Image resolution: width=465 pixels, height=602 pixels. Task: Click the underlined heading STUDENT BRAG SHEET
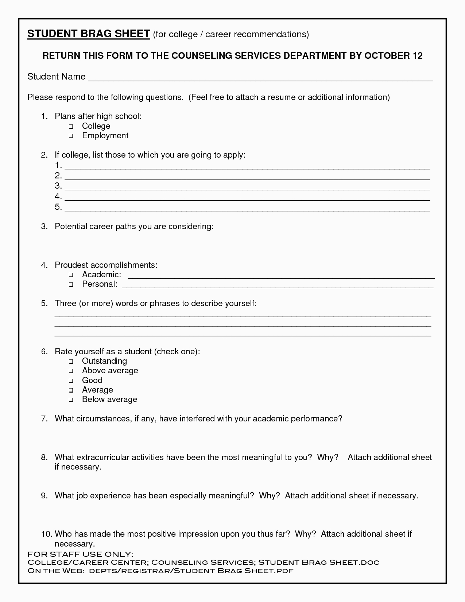pos(89,34)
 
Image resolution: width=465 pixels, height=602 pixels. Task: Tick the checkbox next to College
pos(71,127)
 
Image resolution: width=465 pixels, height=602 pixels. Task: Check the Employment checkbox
pos(71,136)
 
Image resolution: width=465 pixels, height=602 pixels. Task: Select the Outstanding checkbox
pos(71,362)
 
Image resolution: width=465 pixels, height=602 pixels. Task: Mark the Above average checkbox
pos(71,371)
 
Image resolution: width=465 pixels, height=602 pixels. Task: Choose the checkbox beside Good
pos(71,381)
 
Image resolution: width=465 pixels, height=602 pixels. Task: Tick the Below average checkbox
pos(71,400)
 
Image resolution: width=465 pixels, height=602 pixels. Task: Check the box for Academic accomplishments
pos(71,275)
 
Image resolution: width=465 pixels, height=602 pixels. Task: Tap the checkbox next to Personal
pos(71,285)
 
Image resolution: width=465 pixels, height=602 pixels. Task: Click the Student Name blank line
pos(260,78)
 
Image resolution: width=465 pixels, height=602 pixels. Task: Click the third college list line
pos(247,188)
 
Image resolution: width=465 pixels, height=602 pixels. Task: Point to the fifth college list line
pos(247,209)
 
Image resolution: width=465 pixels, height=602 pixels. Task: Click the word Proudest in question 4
pos(71,265)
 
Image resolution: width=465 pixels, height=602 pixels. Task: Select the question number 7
pos(44,418)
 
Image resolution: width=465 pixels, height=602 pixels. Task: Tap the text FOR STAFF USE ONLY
pos(80,554)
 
